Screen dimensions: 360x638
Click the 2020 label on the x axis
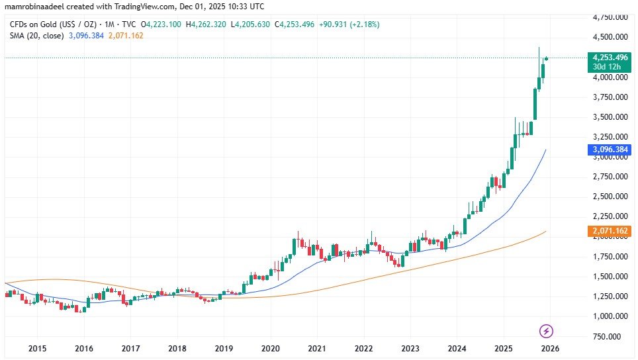pos(270,348)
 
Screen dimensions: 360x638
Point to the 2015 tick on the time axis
pos(36,348)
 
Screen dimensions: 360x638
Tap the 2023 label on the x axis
pos(410,348)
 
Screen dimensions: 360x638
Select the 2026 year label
pos(549,348)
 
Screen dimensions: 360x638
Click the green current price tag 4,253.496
pos(608,58)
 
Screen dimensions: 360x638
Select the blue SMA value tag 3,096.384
pos(608,150)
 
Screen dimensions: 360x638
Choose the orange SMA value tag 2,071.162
pos(608,231)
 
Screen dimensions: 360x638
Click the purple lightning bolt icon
pos(547,331)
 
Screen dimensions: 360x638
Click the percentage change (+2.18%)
pos(361,24)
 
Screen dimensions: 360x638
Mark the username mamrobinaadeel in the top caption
pos(32,7)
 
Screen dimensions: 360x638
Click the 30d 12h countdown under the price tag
pos(608,67)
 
